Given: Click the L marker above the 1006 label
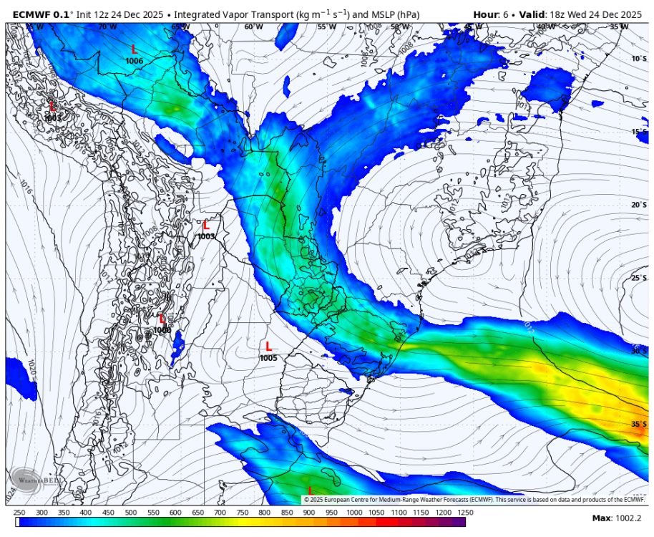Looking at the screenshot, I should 134,49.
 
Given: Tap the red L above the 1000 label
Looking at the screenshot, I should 162,319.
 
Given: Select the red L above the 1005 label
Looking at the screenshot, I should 268,347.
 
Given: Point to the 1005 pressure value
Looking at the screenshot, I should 268,358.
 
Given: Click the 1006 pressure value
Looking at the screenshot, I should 134,61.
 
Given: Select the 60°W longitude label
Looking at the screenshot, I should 253,27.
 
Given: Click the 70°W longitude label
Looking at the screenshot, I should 107,27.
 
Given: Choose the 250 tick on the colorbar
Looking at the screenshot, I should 19,513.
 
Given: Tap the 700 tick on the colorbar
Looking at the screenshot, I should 220,513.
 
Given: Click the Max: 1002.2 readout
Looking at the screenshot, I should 617,518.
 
